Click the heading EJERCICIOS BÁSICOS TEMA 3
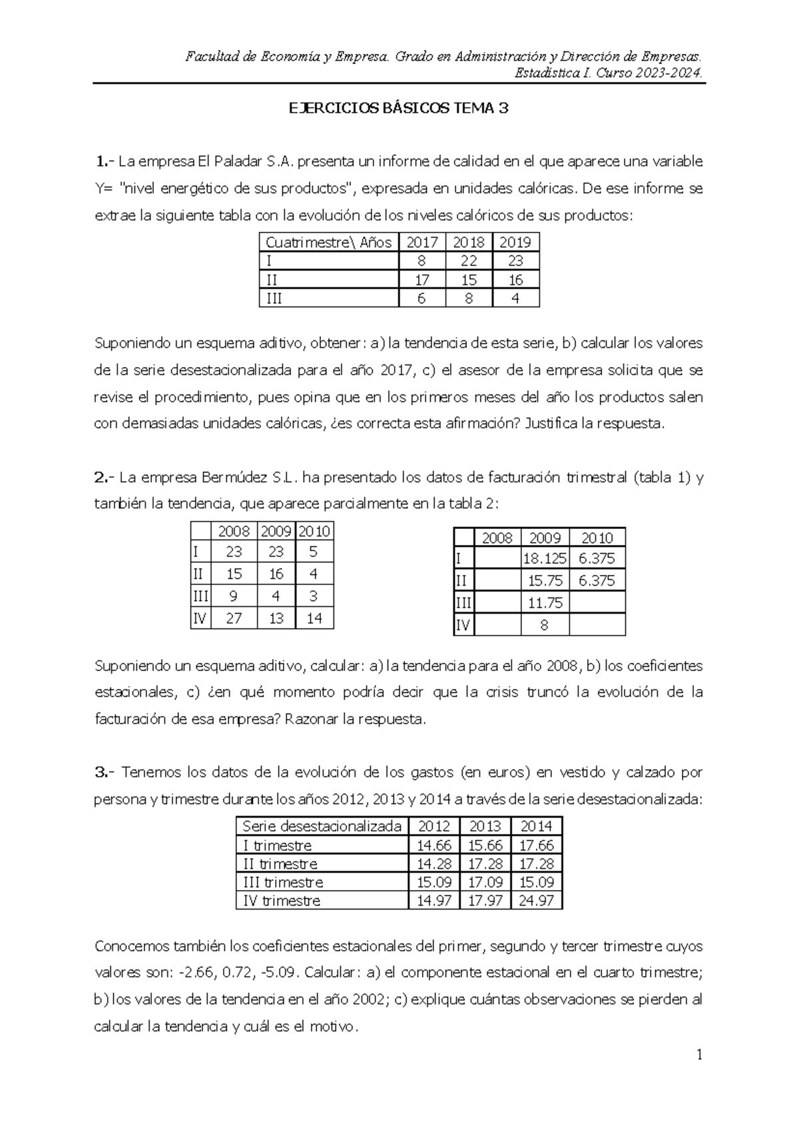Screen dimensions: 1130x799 click(x=398, y=109)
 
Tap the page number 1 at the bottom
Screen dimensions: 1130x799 click(x=699, y=1055)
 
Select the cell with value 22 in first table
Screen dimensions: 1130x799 click(x=469, y=261)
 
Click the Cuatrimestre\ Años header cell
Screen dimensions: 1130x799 click(x=328, y=242)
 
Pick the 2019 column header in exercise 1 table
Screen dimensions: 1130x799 click(x=515, y=242)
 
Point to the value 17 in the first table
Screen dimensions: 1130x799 click(x=421, y=280)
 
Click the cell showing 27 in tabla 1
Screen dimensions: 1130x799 click(x=234, y=618)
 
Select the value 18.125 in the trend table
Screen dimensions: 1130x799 click(x=545, y=558)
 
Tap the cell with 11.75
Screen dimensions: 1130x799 click(x=545, y=603)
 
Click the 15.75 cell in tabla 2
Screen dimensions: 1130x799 click(x=545, y=580)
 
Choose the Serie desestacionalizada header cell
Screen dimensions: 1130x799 click(x=322, y=826)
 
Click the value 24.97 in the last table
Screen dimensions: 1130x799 click(x=536, y=901)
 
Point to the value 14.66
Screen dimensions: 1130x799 click(x=433, y=846)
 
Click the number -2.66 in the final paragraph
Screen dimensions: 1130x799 click(x=198, y=972)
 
